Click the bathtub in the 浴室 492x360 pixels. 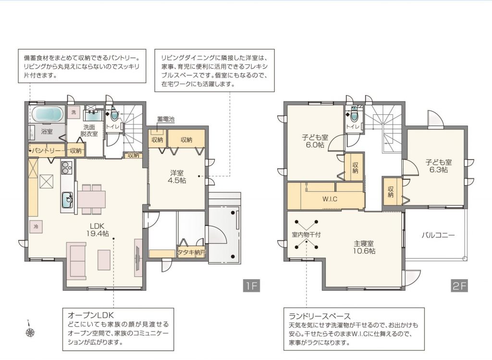[x=48, y=115]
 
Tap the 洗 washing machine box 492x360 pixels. [x=74, y=112]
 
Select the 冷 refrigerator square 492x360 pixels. [x=36, y=226]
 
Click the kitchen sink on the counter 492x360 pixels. [x=67, y=199]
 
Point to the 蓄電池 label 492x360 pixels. [x=165, y=119]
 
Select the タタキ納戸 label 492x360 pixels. [x=191, y=252]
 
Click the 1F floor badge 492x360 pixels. [x=251, y=286]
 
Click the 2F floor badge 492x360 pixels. [x=459, y=286]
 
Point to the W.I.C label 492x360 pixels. [x=330, y=199]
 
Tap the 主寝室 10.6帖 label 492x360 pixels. [x=364, y=248]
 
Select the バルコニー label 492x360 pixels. [x=438, y=235]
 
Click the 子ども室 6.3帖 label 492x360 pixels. [x=439, y=166]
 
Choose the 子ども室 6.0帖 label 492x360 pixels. [x=315, y=141]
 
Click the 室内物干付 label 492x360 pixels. [x=306, y=235]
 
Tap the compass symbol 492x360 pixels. [x=30, y=330]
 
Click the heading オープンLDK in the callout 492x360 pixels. [x=91, y=315]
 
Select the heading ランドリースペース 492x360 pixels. [x=320, y=316]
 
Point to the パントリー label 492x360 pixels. [x=47, y=151]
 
